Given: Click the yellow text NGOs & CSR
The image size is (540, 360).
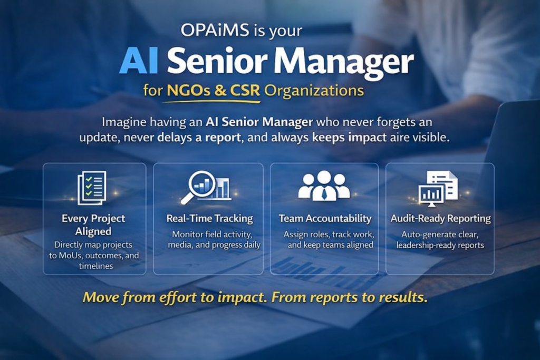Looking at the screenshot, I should click(x=214, y=91).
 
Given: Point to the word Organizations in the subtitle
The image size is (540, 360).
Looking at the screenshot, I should click(x=314, y=91).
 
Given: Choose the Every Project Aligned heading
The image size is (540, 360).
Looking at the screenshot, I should click(x=93, y=225).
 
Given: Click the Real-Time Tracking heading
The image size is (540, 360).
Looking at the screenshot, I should click(x=209, y=218).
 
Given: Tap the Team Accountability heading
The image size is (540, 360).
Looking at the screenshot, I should click(x=325, y=218).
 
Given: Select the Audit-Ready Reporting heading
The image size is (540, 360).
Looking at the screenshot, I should click(x=440, y=218).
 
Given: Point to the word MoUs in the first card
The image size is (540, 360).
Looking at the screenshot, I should click(x=65, y=256).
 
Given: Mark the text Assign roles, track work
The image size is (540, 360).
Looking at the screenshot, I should click(x=329, y=234).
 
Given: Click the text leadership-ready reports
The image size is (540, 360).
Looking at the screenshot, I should click(x=440, y=245).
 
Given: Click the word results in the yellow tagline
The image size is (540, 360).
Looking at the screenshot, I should click(x=402, y=297).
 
